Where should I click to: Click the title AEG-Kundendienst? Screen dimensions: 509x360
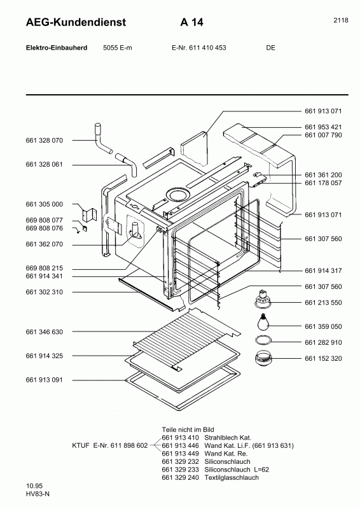[67, 22]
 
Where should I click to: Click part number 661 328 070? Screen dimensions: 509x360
[45, 140]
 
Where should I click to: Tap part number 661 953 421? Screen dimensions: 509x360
[323, 127]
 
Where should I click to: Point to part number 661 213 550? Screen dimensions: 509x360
[323, 303]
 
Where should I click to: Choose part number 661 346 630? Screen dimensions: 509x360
[45, 332]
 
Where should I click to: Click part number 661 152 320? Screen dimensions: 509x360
[323, 358]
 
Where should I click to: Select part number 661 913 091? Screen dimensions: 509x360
[45, 380]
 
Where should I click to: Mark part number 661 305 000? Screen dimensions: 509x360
[45, 204]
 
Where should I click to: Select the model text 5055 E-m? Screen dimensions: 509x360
[117, 48]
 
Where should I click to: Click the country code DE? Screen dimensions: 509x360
[271, 48]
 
